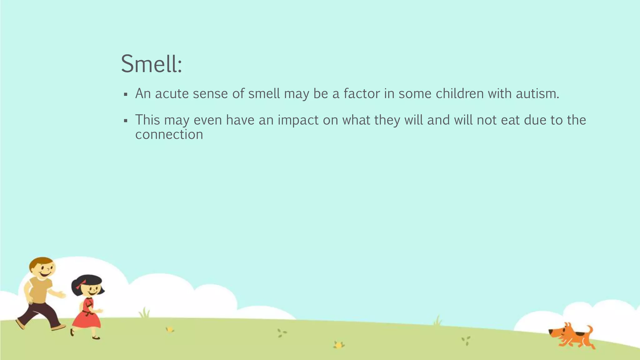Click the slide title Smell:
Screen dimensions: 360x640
[x=151, y=64]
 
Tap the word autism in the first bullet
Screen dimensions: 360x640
[x=537, y=94]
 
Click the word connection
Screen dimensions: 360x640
[x=169, y=135]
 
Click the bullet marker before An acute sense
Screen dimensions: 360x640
[x=126, y=94]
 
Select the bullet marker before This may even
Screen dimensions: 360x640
[x=126, y=121]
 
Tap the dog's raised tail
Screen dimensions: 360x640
[x=589, y=329]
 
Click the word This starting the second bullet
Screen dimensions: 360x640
[x=147, y=120]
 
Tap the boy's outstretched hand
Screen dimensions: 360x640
[x=62, y=295]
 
